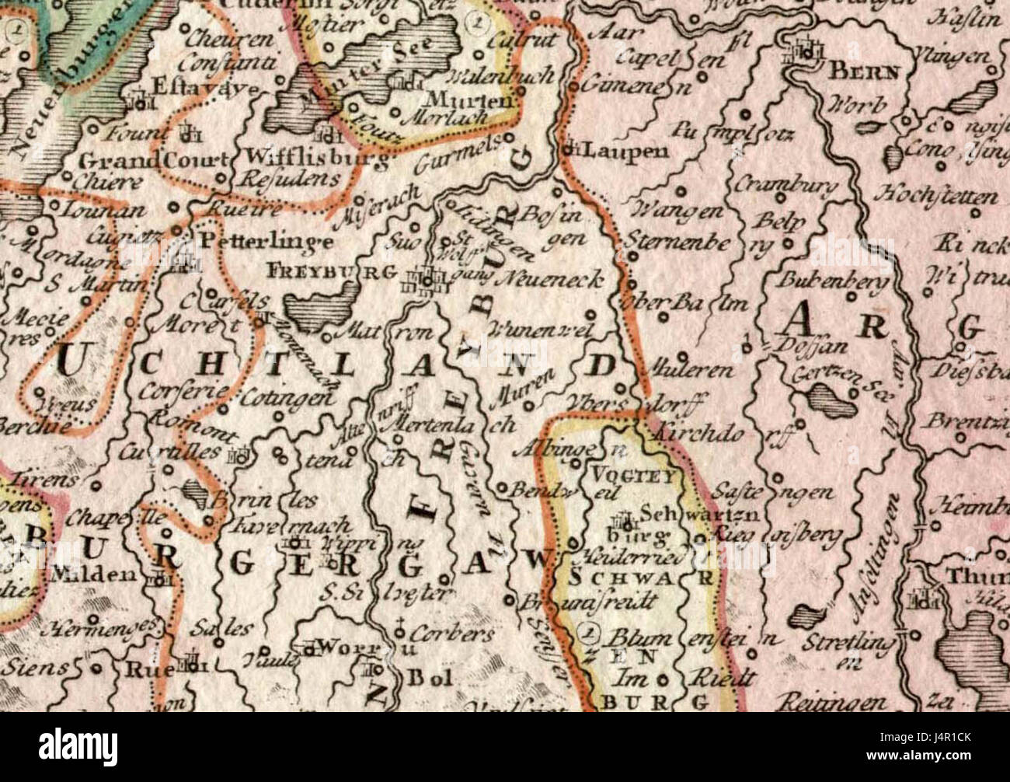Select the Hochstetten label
939,194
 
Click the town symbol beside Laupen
573,147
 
